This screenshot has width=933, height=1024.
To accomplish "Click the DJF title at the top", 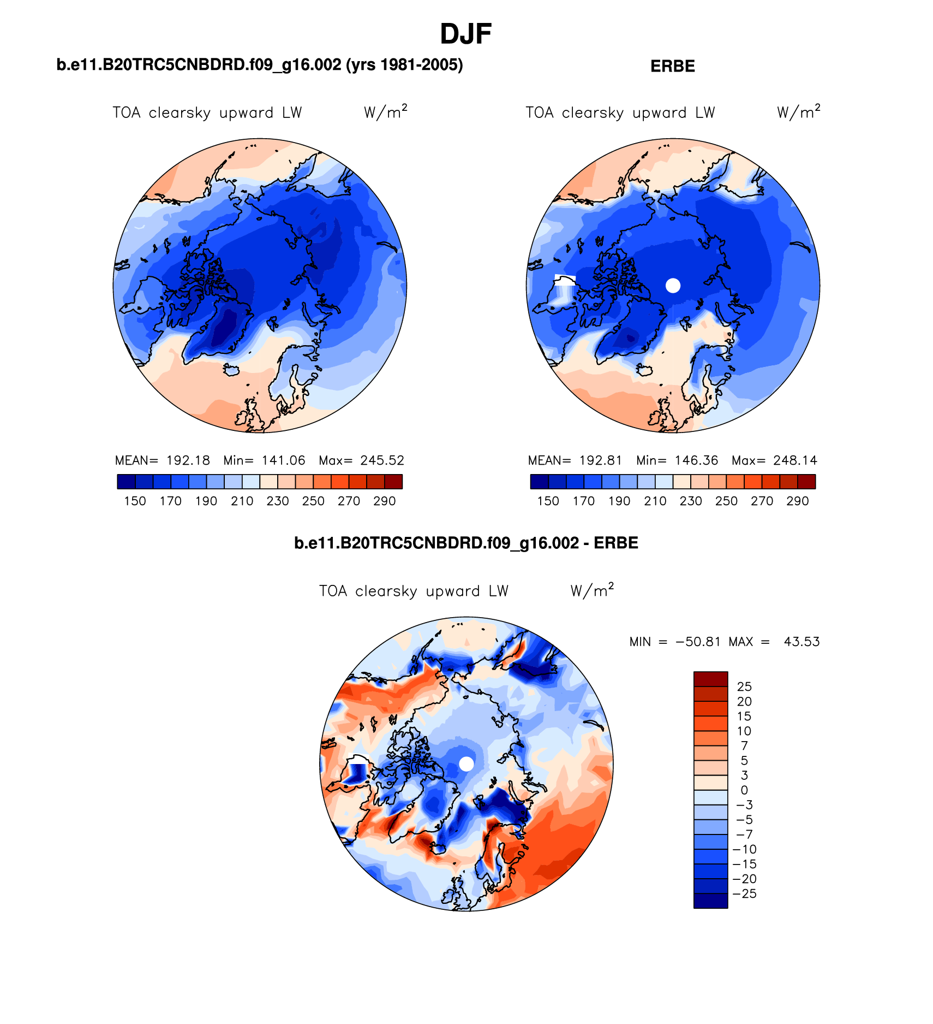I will (465, 34).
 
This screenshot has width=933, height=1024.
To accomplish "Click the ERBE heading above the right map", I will (672, 67).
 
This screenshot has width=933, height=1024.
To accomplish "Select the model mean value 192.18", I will (188, 460).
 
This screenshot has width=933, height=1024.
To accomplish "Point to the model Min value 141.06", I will (283, 460).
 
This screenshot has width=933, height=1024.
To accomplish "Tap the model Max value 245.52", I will (382, 460).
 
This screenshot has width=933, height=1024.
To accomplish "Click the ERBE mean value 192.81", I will (601, 460).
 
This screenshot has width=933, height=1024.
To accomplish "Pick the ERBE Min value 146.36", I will (696, 460).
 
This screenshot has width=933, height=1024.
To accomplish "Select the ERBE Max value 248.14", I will (795, 460).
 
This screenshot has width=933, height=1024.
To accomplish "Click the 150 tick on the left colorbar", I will (135, 501).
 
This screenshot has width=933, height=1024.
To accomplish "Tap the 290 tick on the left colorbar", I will (384, 501).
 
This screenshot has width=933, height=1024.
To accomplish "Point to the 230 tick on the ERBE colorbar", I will (690, 501).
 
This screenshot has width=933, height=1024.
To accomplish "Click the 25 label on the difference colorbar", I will (744, 686).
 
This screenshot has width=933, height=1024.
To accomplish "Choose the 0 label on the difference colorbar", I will (744, 790).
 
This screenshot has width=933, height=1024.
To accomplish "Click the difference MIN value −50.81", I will (698, 642).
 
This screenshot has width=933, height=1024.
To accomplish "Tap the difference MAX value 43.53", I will (802, 642).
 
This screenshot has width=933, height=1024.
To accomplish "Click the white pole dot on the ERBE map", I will (673, 285).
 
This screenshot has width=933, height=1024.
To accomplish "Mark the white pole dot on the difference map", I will (466, 763).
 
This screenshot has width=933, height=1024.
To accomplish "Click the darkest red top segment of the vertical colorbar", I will (710, 679).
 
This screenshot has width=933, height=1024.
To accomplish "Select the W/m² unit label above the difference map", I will (592, 590).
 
